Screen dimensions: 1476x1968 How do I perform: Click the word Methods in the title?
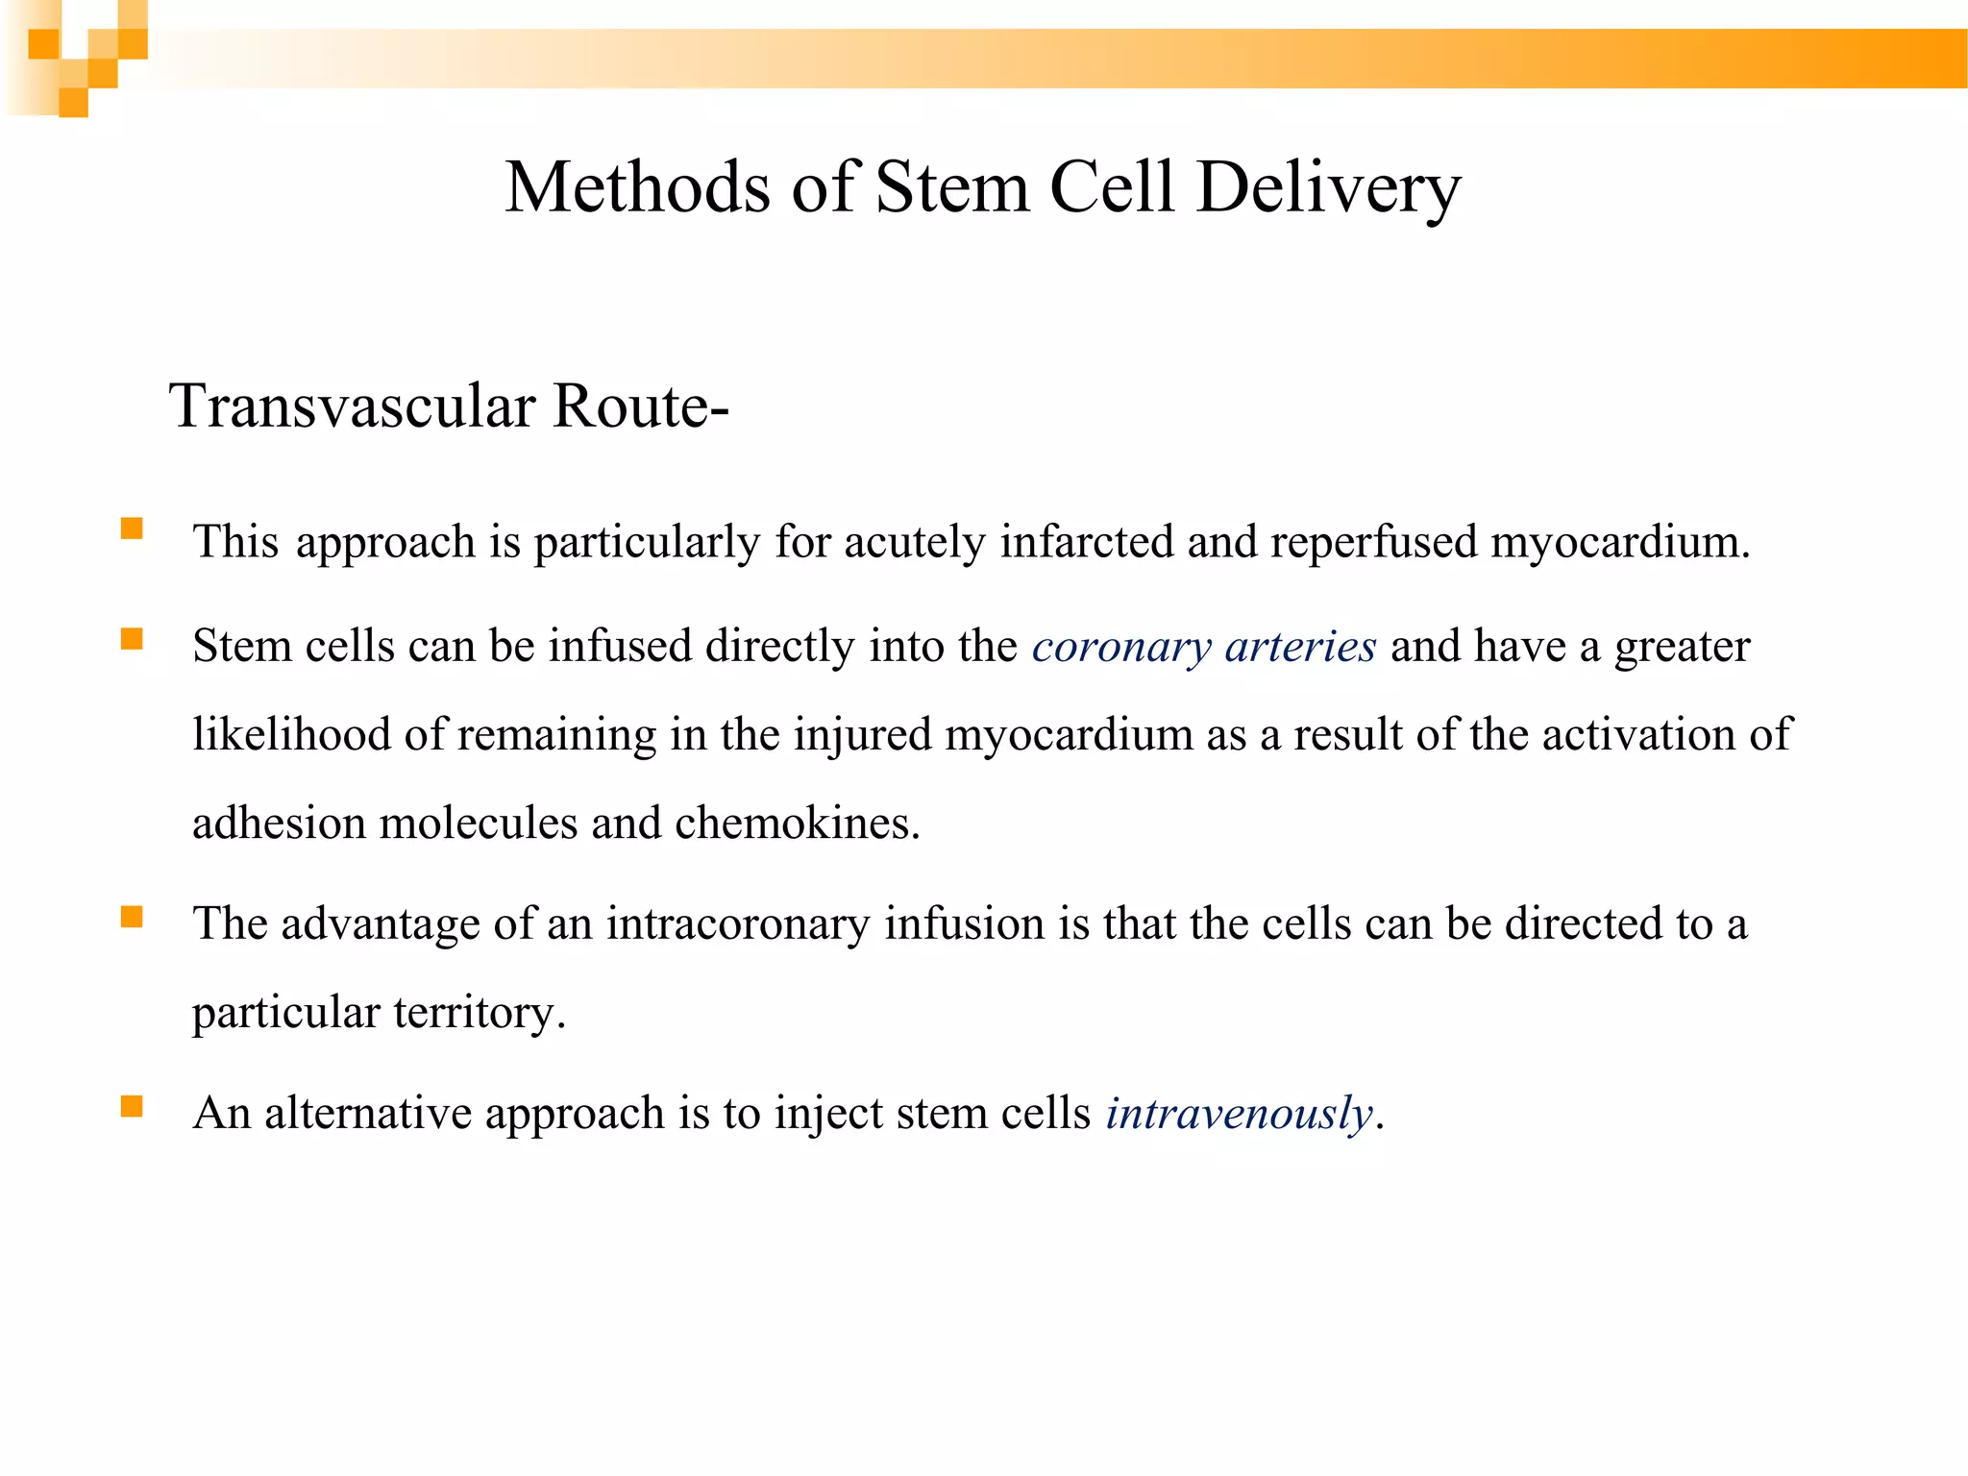pyautogui.click(x=637, y=186)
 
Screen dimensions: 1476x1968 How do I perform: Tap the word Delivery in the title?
pyautogui.click(x=1329, y=186)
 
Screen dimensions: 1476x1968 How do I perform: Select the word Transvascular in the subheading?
pyautogui.click(x=352, y=406)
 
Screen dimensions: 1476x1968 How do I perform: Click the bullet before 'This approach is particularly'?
pyautogui.click(x=132, y=529)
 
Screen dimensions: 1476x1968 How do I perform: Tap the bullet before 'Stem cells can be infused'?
pyautogui.click(x=132, y=639)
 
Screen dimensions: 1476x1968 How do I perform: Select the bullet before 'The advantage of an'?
pyautogui.click(x=132, y=918)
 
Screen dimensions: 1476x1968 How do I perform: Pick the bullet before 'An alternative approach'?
pyautogui.click(x=132, y=1107)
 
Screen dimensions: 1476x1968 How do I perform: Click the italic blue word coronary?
pyautogui.click(x=1121, y=647)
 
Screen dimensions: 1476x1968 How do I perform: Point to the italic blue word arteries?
pyautogui.click(x=1300, y=647)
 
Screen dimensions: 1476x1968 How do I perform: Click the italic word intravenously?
pyautogui.click(x=1239, y=1114)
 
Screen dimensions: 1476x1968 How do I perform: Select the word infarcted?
pyautogui.click(x=1087, y=541)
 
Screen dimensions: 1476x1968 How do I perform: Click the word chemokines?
pyautogui.click(x=797, y=824)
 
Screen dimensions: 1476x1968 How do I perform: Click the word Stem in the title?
pyautogui.click(x=951, y=186)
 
